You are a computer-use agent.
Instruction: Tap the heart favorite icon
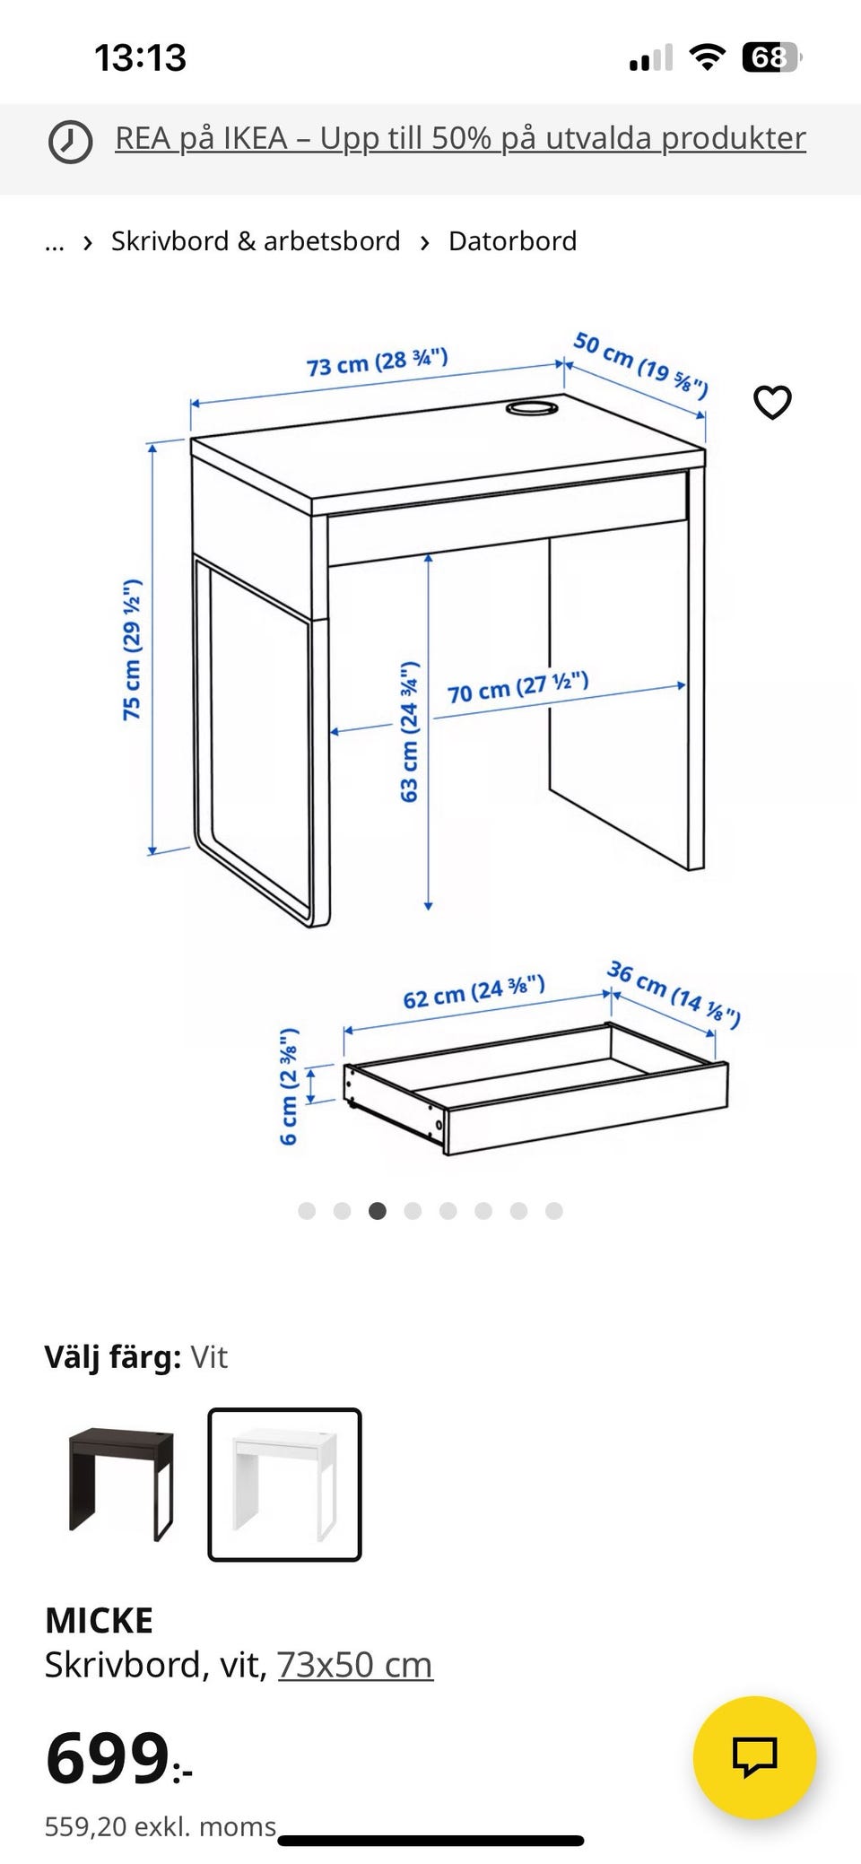coord(772,402)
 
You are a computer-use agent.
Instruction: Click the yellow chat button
coord(754,1756)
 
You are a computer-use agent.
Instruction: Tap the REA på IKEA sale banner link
coord(460,138)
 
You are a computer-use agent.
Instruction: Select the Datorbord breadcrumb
coord(512,241)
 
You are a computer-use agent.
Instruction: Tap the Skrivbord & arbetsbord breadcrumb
coord(256,241)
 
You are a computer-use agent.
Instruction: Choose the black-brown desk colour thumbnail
coord(121,1485)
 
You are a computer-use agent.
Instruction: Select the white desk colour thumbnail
coord(284,1485)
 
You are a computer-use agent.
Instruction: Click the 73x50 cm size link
coord(355,1665)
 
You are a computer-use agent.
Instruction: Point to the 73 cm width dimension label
coord(377,362)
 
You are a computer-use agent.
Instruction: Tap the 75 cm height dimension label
coord(132,649)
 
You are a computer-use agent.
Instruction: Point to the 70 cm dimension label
coord(517,688)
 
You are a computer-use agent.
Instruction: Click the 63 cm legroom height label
coord(409,731)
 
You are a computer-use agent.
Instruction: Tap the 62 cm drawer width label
coord(474,992)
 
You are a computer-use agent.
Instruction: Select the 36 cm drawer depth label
coord(674,994)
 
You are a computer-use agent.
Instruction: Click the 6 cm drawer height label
coord(288,1086)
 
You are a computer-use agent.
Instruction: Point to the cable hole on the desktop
coord(532,409)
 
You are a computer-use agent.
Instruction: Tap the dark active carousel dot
coord(378,1211)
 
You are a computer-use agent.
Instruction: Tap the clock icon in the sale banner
coord(69,141)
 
